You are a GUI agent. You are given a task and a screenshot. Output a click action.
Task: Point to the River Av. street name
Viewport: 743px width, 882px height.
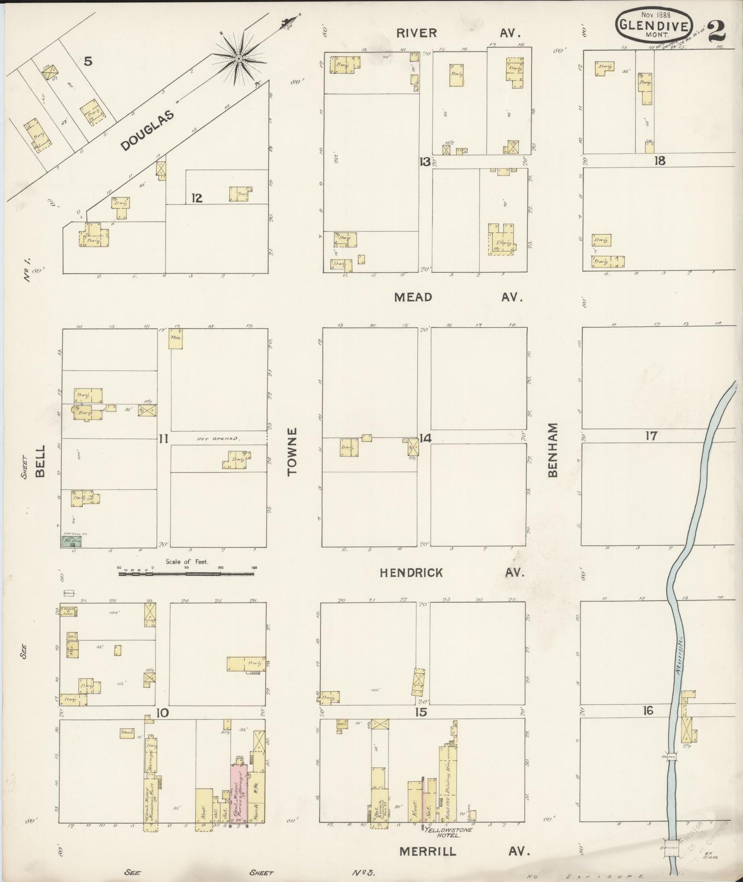coord(458,33)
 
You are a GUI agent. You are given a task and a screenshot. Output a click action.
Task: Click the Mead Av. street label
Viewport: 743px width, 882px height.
coord(458,297)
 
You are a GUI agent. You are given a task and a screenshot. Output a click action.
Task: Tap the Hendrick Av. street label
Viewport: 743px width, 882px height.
coord(451,573)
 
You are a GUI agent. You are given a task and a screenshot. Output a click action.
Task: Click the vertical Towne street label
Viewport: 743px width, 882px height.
coord(293,451)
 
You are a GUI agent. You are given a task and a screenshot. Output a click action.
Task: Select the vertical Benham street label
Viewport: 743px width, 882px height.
coord(553,450)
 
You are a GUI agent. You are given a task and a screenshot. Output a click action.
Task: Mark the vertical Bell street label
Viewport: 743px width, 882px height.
coord(41,462)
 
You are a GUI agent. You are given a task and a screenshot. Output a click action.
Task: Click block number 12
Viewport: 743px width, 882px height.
coord(196,198)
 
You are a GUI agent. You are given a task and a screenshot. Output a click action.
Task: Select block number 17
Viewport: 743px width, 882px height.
coord(651,436)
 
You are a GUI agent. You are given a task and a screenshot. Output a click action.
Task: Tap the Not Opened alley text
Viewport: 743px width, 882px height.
coord(219,439)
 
